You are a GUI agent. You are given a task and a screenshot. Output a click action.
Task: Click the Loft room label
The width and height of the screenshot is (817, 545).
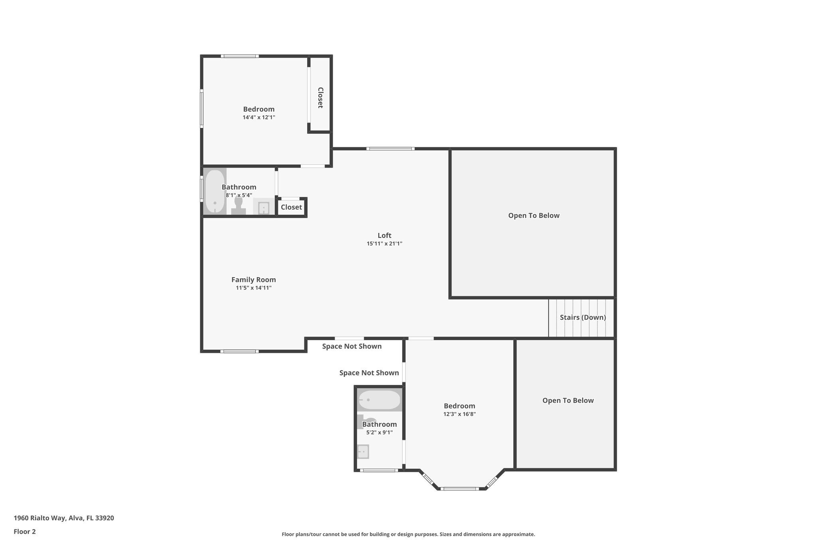[x=384, y=236]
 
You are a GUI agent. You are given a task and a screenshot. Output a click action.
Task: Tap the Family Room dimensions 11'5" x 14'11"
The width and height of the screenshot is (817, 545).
[x=253, y=288]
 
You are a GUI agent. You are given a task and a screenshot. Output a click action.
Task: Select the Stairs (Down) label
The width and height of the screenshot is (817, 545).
[x=582, y=317]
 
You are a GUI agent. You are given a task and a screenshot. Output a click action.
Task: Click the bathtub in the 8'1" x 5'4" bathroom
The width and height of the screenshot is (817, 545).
[x=215, y=191]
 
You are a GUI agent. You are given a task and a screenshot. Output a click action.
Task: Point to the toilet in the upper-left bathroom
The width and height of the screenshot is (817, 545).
[x=239, y=205]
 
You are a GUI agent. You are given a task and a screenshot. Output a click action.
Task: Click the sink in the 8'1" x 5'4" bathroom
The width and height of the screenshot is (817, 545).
[x=263, y=208]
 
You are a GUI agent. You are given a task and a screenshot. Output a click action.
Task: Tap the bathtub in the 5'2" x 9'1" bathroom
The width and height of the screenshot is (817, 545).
[x=379, y=400]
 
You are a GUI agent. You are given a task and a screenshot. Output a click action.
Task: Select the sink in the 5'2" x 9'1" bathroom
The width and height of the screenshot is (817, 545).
[x=363, y=452]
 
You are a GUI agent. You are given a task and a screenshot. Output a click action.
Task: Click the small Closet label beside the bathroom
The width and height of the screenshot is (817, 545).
[x=291, y=207]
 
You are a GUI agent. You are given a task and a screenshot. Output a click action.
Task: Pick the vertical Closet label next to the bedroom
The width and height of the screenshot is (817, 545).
[x=320, y=98]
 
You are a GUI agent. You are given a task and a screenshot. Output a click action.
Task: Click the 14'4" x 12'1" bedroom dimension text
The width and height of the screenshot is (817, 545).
[x=259, y=117]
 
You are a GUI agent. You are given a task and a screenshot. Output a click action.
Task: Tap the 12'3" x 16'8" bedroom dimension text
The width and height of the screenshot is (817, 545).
[x=459, y=414]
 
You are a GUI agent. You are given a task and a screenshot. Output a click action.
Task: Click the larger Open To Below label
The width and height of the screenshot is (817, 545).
[x=533, y=216]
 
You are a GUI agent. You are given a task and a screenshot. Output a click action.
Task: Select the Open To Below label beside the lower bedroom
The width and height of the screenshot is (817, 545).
[x=568, y=400]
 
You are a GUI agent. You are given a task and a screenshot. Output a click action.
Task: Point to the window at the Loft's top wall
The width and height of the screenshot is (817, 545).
[x=390, y=149]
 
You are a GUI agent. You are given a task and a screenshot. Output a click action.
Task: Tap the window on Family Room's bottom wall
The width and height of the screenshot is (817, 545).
[x=239, y=351]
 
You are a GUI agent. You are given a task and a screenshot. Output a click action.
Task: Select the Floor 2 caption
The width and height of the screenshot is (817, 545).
[x=25, y=531]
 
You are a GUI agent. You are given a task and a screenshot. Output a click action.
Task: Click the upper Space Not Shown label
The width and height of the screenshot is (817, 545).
[x=351, y=346]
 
